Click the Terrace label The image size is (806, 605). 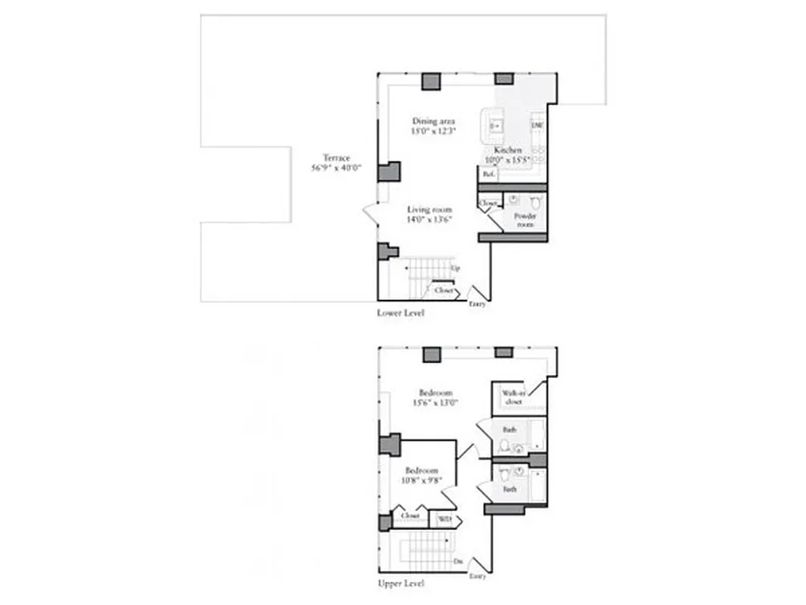(x=335, y=158)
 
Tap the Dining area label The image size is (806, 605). (x=433, y=121)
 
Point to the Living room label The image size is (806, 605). (x=429, y=209)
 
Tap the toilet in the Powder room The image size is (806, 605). (x=536, y=202)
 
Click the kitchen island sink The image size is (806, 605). (x=496, y=126)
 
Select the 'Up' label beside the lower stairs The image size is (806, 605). (x=455, y=268)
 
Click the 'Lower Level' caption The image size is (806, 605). (x=400, y=312)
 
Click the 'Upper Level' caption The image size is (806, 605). (x=400, y=584)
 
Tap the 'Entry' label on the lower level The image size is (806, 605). (x=477, y=304)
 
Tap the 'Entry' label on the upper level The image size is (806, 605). (x=477, y=576)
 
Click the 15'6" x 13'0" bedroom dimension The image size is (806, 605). (x=436, y=403)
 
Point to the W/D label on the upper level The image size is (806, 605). (x=445, y=520)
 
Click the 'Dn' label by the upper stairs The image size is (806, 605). (x=458, y=561)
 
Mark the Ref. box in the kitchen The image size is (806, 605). (x=489, y=174)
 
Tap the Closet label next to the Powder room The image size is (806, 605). (x=489, y=203)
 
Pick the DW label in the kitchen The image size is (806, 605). (x=537, y=126)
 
